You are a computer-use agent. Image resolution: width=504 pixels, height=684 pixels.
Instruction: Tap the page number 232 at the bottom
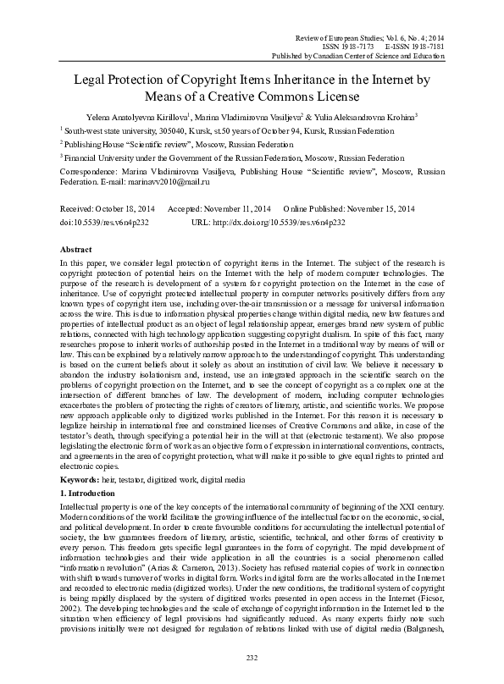(x=252, y=659)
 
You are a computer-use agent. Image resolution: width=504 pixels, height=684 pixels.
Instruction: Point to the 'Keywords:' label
(x=81, y=456)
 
